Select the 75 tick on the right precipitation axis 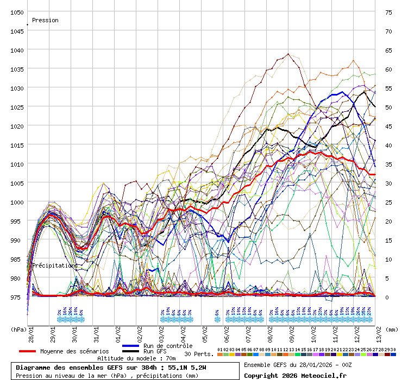tap(388, 12)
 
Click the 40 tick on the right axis tap(388, 145)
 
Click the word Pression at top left tap(45, 20)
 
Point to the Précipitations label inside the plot tap(55, 265)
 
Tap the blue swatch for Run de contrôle tap(131, 346)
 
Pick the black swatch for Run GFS tap(131, 351)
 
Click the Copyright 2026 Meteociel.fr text tap(295, 375)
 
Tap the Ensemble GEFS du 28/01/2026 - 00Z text tap(298, 364)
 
